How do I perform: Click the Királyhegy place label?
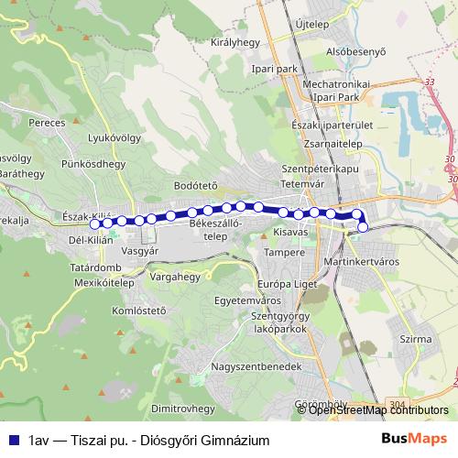tap(236, 41)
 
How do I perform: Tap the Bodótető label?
tap(195, 184)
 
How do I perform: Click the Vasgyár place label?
tap(140, 249)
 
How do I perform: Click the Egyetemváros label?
tap(245, 299)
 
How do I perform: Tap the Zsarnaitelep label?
tap(329, 144)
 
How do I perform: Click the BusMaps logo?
tap(413, 439)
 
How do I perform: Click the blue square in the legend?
tap(13, 440)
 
